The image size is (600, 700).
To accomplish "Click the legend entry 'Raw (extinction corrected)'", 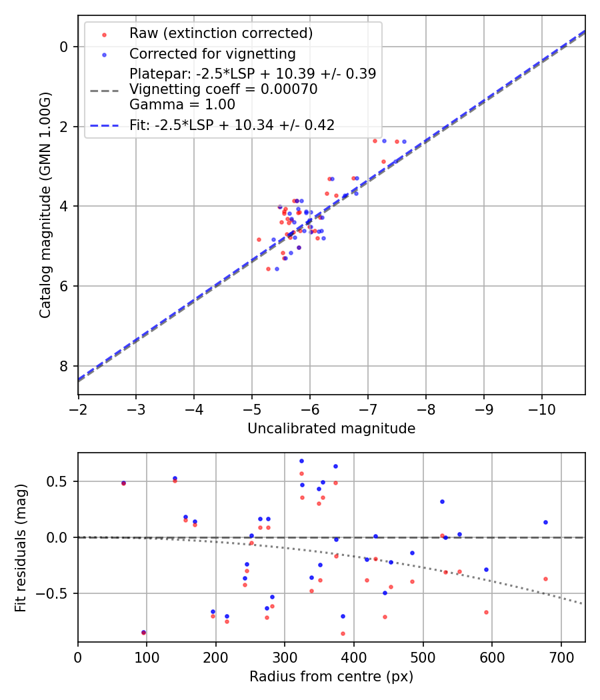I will tap(221, 33).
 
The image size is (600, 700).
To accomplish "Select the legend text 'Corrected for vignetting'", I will tap(213, 53).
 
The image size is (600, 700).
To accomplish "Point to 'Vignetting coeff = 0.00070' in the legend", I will tap(223, 89).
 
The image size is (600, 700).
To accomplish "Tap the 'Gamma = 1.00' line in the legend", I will tap(182, 104).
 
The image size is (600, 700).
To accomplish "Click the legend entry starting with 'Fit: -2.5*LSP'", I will tap(232, 125).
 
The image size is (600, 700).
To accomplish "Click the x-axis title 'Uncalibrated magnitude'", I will tap(331, 429).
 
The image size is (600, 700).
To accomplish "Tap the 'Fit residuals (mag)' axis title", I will tap(20, 547).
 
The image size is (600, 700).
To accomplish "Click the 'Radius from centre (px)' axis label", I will tap(331, 677).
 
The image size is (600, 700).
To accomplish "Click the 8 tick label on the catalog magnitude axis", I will tap(63, 367).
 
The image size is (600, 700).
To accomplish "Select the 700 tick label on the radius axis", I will tap(561, 656).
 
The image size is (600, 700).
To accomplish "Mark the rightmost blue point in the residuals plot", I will tap(545, 522).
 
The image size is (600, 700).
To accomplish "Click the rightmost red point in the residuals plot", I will tap(545, 579).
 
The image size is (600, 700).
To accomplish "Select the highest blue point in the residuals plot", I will tap(301, 461).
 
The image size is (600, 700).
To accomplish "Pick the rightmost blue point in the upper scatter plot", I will tap(404, 141).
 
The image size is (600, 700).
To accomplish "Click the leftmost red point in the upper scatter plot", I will tap(259, 239).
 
